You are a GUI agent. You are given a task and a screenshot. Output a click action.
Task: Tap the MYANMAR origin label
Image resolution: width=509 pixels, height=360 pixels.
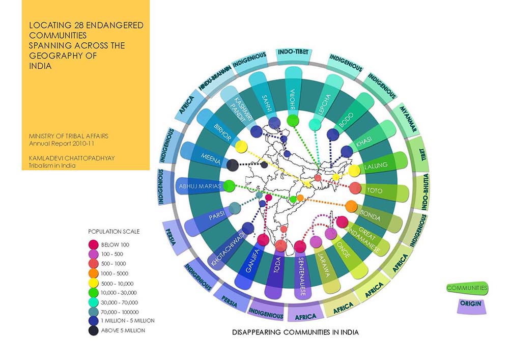408,119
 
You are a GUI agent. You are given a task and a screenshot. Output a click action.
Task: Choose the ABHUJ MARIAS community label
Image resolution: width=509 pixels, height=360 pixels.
200,186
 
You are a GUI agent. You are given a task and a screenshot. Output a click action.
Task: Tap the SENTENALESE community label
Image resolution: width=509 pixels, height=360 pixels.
301,276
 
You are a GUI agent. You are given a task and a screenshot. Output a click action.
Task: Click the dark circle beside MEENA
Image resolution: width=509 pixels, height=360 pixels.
232,165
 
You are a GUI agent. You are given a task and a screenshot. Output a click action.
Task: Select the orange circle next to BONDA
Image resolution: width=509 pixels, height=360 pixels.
351,206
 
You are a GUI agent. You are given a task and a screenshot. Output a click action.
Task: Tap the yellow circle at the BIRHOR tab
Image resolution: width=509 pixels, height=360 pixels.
241,147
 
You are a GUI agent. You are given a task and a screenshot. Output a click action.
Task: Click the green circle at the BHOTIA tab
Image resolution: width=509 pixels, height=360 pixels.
293,121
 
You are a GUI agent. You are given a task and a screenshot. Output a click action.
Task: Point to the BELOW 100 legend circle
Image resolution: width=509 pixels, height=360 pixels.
94,244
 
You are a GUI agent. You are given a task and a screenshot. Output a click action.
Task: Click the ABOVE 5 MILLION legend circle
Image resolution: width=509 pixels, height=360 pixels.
94,330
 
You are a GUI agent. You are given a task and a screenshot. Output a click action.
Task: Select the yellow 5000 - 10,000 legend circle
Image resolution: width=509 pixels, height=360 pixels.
94,283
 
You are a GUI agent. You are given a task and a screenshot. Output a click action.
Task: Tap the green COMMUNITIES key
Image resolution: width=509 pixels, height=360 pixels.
467,288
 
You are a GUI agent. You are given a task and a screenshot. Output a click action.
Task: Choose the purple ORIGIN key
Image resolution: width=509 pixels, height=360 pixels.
471,306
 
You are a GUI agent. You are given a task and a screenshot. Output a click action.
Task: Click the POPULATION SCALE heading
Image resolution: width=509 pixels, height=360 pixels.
114,232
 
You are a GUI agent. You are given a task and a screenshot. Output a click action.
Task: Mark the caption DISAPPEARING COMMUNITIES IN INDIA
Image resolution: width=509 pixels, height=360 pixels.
295,333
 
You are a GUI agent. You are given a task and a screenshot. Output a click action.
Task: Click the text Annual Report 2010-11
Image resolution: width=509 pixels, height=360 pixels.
62,144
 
